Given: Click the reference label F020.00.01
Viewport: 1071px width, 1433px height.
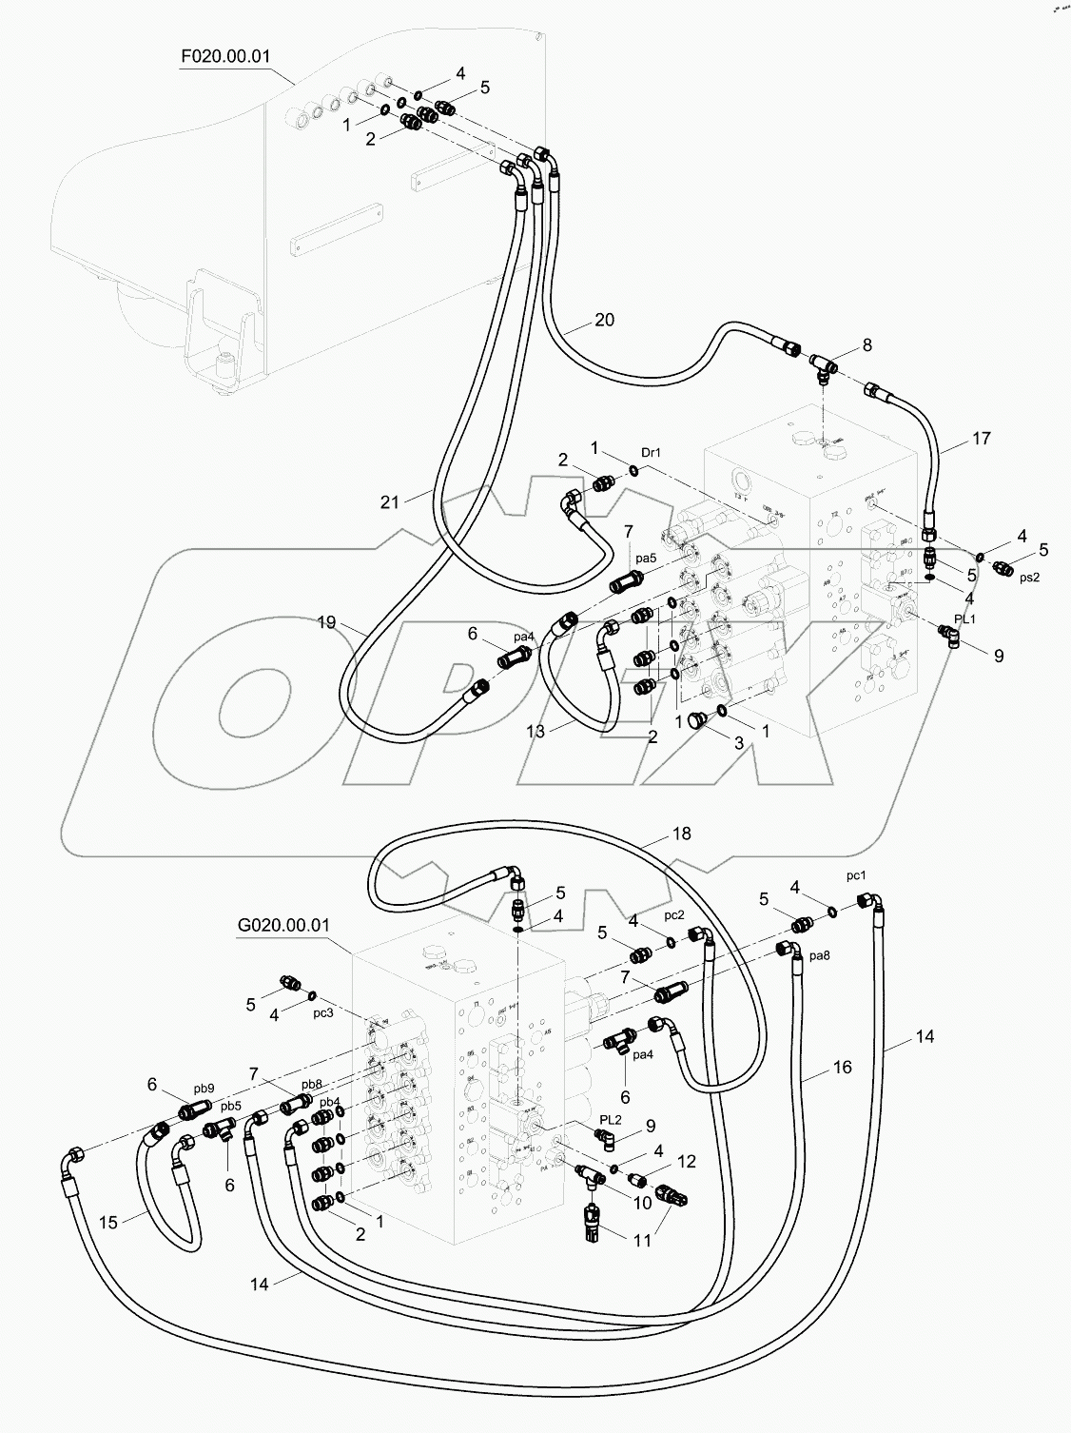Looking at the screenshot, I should [225, 56].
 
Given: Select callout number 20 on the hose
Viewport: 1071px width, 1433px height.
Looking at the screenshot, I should [604, 320].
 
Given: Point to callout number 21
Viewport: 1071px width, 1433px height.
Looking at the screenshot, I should [390, 501].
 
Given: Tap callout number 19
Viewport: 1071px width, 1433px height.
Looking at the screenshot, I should [326, 622].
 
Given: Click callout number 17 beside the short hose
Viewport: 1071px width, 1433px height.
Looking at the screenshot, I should [981, 439].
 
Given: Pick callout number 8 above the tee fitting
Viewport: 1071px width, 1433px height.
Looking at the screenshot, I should [867, 345].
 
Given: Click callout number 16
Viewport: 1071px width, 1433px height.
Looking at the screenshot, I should [842, 1068].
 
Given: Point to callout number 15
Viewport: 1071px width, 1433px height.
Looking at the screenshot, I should [108, 1222].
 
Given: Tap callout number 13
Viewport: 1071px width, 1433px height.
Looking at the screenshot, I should [535, 731].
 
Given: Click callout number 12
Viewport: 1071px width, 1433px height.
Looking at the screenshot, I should [687, 1162].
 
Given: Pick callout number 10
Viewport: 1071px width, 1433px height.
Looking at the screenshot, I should [642, 1203].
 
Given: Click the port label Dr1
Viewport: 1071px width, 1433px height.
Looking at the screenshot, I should [651, 453].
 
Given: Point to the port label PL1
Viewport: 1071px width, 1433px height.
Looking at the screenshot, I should [964, 619].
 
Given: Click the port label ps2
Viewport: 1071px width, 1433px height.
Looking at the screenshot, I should [1029, 577].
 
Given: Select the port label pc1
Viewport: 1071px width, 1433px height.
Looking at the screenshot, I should [856, 874].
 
